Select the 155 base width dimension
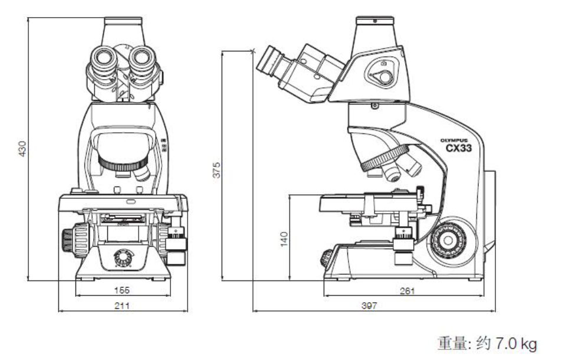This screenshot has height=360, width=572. pyautogui.click(x=123, y=290)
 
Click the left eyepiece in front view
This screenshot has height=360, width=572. pyautogui.click(x=102, y=58)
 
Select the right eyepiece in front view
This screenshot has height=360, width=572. pyautogui.click(x=144, y=58)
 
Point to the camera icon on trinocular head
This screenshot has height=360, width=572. pyautogui.click(x=383, y=63)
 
